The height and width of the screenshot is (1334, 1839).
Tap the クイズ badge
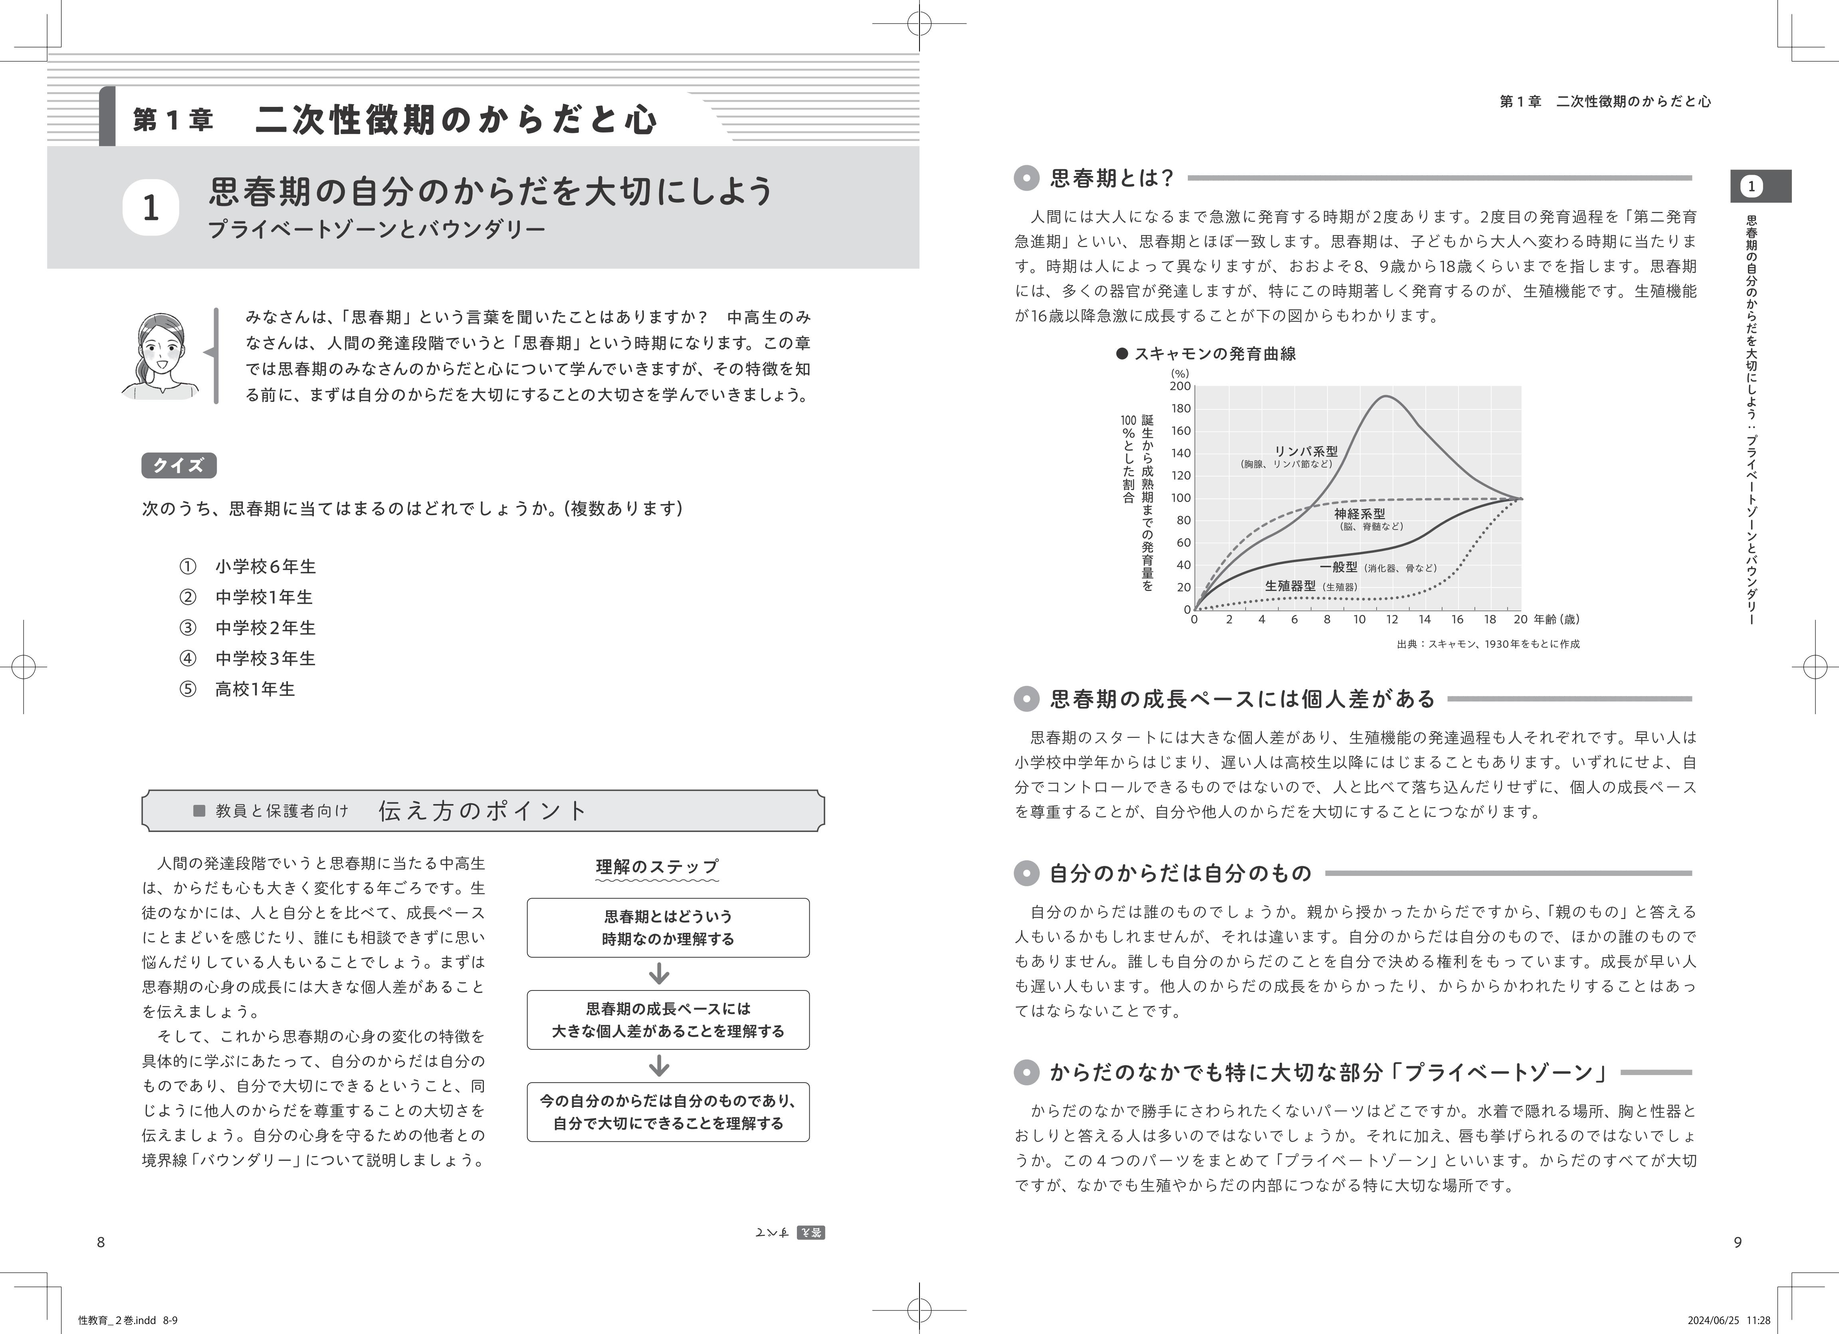pyautogui.click(x=178, y=465)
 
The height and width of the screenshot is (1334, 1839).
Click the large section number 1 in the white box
pyautogui.click(x=151, y=208)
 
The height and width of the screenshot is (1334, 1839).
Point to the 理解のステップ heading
pyautogui.click(x=657, y=866)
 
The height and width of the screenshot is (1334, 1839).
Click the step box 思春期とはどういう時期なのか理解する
pyautogui.click(x=668, y=927)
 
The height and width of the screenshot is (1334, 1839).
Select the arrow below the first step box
pyautogui.click(x=659, y=973)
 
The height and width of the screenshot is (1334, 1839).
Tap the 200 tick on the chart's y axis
pyautogui.click(x=1181, y=387)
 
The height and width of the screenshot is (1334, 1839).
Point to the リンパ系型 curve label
pyautogui.click(x=1306, y=451)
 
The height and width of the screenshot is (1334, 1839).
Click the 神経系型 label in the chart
pyautogui.click(x=1360, y=514)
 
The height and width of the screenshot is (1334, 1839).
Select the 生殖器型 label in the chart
pyautogui.click(x=1290, y=585)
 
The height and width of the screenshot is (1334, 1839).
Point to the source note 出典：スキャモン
pyautogui.click(x=1488, y=644)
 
